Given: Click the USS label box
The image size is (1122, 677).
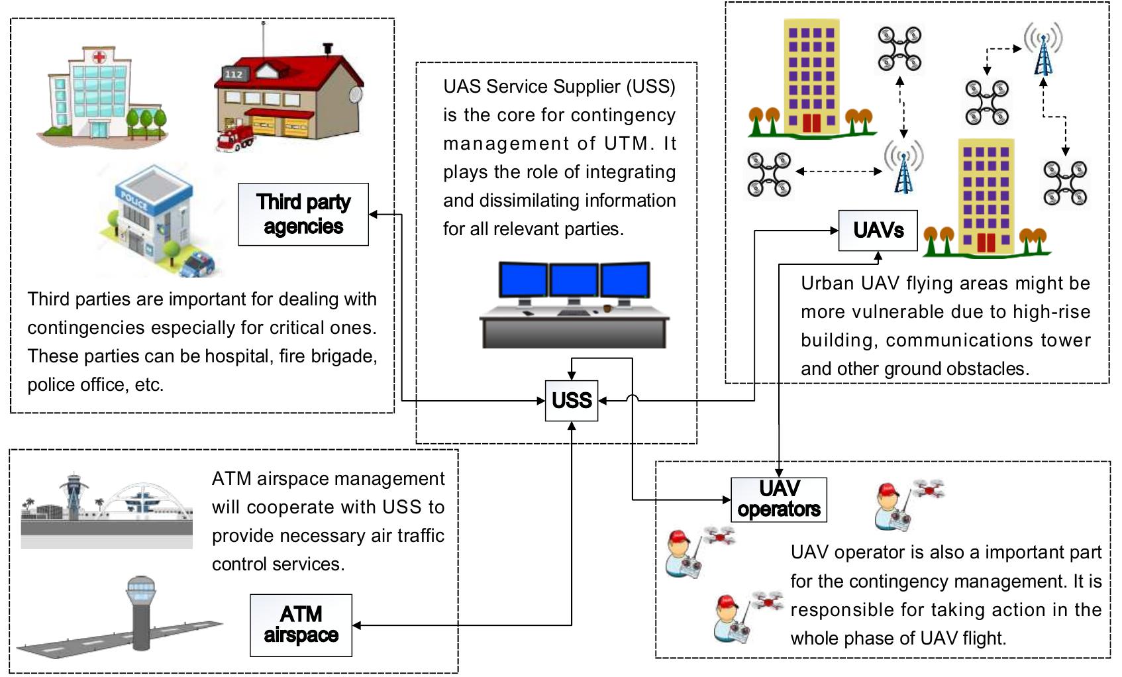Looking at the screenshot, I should (x=571, y=400).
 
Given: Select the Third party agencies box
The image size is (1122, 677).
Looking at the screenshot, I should (x=303, y=214).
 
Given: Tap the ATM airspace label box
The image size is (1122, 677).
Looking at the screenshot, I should (x=301, y=625).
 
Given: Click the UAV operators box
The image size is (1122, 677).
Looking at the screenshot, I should (x=778, y=499).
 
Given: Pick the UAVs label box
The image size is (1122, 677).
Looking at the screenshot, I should (x=878, y=231).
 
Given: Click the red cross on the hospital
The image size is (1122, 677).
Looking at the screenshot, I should (x=99, y=58).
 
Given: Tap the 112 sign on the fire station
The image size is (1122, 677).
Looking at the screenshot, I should (x=233, y=74).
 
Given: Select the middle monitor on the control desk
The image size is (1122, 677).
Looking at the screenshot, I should (x=574, y=280).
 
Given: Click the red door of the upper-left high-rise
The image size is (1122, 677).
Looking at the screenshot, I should (x=811, y=122).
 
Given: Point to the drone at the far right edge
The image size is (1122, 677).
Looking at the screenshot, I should (x=1065, y=182).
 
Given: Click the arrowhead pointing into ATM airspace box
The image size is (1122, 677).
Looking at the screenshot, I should (x=356, y=625).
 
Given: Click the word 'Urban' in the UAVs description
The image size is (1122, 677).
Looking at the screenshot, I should (x=827, y=284).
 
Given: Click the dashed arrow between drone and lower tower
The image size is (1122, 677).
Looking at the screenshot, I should (x=839, y=171).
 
